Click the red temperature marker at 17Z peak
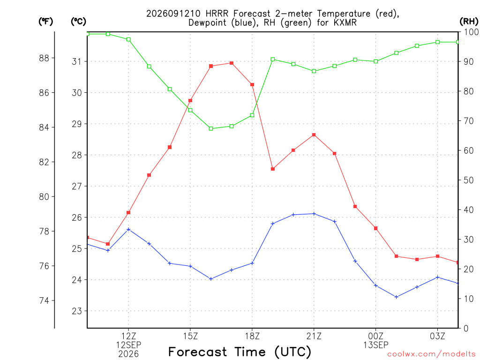(232, 63)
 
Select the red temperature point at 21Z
(314, 135)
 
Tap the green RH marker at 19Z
(273, 60)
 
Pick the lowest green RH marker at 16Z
(211, 128)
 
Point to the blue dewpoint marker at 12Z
(128, 229)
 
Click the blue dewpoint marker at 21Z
(314, 214)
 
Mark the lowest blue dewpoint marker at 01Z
(397, 297)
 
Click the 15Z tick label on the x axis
(190, 336)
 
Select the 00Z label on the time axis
(375, 336)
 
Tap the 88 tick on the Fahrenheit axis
(44, 58)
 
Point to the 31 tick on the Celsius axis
(77, 61)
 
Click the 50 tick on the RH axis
(468, 180)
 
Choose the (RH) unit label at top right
(469, 22)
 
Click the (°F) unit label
(45, 22)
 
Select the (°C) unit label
(78, 22)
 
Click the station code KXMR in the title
(345, 22)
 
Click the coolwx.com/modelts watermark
(431, 354)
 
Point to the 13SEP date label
(375, 345)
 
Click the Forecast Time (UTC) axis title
(240, 352)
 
